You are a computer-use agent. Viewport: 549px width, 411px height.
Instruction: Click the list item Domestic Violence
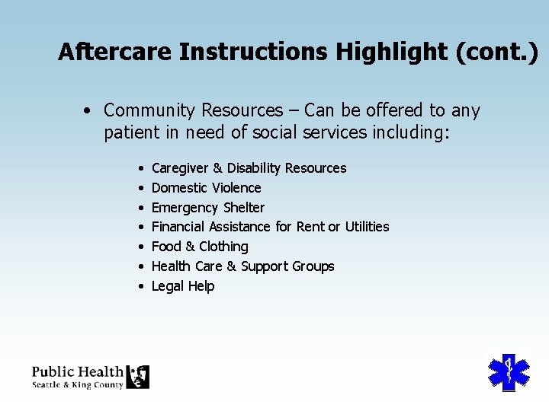[x=206, y=188]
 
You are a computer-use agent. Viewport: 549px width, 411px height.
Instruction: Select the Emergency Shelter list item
[x=207, y=208]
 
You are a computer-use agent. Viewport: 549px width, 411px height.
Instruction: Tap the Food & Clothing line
[x=200, y=247]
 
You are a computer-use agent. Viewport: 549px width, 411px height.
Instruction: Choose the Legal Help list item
[x=183, y=286]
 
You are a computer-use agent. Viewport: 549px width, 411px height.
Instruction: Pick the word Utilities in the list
[x=367, y=227]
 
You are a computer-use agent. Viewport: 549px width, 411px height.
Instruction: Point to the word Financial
[x=178, y=227]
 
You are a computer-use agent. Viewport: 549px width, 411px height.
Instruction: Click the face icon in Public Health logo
[x=137, y=377]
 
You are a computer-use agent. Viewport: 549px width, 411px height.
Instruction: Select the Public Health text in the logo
[x=77, y=371]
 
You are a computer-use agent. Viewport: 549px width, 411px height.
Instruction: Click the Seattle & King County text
[x=77, y=385]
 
